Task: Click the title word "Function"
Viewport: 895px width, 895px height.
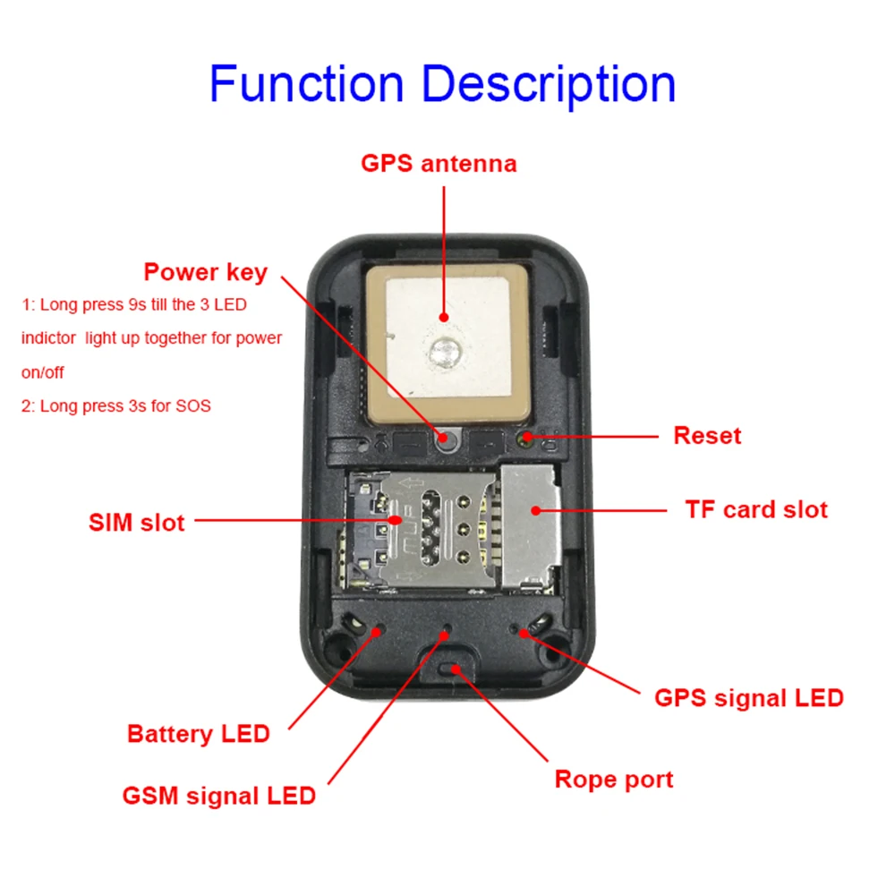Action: pos(306,83)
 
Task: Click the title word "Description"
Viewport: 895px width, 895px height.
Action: pos(548,83)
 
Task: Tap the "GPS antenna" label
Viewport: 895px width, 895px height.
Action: pos(439,164)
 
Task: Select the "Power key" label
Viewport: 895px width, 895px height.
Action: pos(206,272)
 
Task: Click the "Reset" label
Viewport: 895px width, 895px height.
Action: pos(707,436)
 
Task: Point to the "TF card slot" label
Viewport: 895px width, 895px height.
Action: pos(756,509)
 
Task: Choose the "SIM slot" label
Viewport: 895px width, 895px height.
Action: pos(137,522)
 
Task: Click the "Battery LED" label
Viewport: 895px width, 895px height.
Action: pos(198,734)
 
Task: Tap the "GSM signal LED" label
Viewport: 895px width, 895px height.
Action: pos(219,795)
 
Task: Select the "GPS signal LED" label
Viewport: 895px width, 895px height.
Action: pos(749,698)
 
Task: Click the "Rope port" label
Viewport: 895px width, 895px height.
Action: pos(613,779)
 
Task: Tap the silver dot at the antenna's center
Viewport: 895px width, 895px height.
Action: pos(444,351)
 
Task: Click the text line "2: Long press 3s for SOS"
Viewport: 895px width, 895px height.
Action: pos(116,405)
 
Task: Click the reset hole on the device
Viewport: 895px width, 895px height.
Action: pos(527,438)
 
